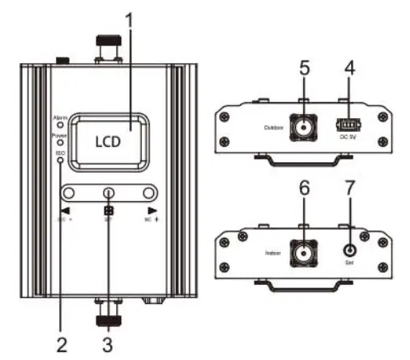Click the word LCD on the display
[x=107, y=143]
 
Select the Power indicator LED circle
[x=60, y=143]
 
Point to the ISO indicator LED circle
[x=60, y=160]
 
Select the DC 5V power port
[x=346, y=125]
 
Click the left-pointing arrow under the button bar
[x=61, y=209]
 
